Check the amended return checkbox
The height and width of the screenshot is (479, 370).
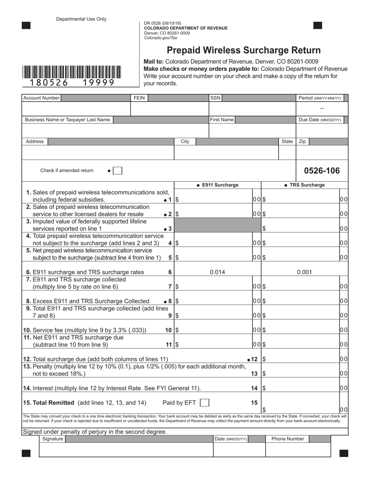[118, 171]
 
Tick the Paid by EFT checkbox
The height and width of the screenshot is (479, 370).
[204, 403]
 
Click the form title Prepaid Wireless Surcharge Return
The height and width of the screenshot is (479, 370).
[244, 50]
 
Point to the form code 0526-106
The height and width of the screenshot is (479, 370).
[322, 171]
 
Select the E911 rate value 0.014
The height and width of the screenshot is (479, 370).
[217, 272]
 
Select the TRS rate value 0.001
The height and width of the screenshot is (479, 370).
[304, 272]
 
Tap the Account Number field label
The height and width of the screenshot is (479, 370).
[41, 98]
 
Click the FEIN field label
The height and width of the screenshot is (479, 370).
[139, 98]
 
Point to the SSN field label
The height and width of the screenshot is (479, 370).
[215, 98]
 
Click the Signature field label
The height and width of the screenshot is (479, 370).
[53, 439]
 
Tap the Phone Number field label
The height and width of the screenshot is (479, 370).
[287, 439]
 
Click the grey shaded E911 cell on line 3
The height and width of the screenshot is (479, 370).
[217, 225]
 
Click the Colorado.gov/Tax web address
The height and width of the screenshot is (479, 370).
[160, 38]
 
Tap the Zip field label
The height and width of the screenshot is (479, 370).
[302, 141]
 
